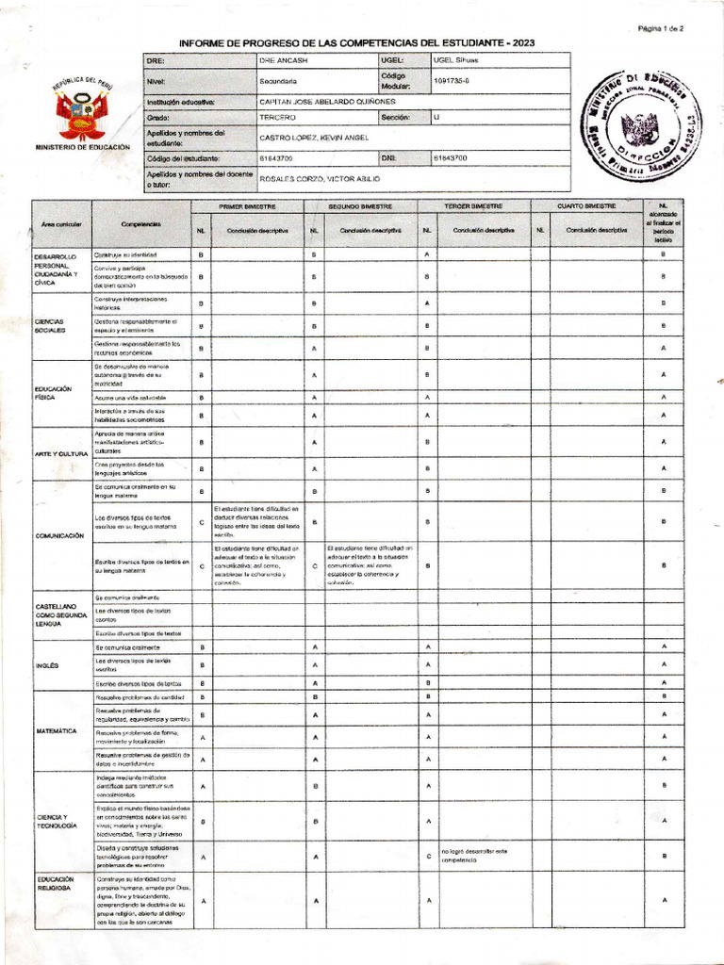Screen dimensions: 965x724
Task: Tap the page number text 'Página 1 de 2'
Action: click(660, 29)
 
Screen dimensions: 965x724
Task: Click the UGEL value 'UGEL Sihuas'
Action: click(455, 59)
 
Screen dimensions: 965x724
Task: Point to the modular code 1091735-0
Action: click(452, 81)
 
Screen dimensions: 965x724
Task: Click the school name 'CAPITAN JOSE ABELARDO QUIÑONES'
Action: click(328, 102)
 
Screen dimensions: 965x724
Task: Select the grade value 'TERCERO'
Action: click(277, 118)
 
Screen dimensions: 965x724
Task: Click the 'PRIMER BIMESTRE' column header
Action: click(247, 205)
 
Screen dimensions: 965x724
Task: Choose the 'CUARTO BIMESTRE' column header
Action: click(586, 205)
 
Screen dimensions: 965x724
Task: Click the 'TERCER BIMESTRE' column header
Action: click(473, 205)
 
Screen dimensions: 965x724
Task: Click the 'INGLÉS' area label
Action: click(47, 665)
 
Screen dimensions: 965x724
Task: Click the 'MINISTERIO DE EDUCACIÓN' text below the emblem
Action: click(80, 148)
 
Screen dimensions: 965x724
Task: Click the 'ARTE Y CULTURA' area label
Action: click(60, 454)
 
